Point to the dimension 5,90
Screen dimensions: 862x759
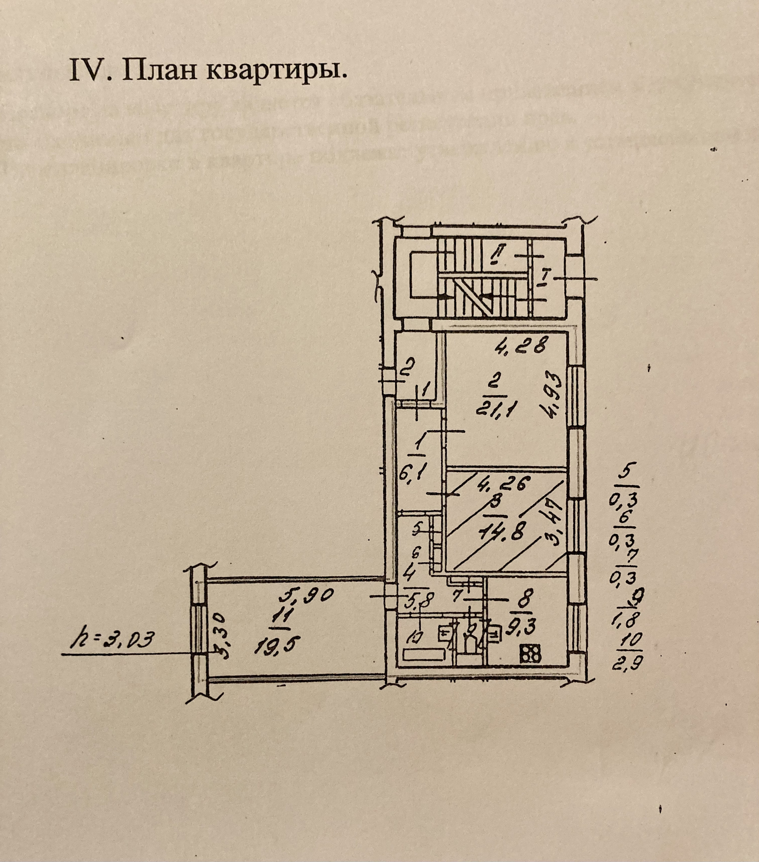click(x=307, y=595)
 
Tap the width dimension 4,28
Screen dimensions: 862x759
click(x=521, y=347)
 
